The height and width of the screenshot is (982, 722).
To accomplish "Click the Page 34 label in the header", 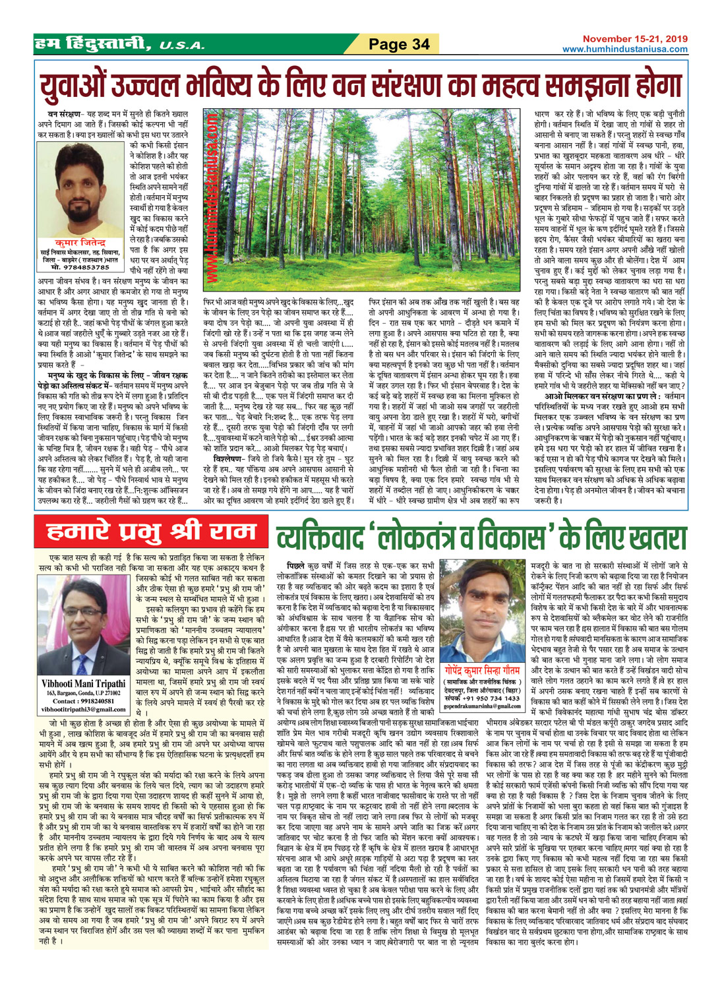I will tap(399, 44).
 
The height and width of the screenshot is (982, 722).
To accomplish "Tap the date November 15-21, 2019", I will tap(635, 40).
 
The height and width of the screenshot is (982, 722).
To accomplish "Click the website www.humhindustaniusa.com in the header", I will tap(624, 49).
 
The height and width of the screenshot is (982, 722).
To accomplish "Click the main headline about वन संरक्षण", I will tap(360, 85).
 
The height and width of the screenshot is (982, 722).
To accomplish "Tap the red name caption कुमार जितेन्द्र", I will tap(79, 243).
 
